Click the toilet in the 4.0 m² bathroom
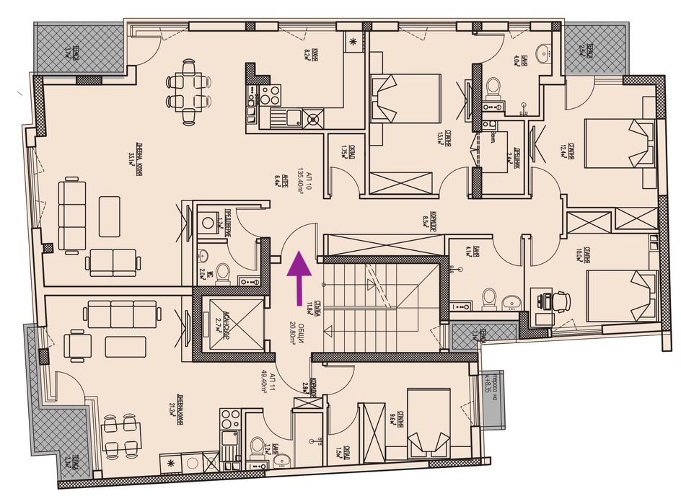pos(494,87)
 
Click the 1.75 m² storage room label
pos(343,154)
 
